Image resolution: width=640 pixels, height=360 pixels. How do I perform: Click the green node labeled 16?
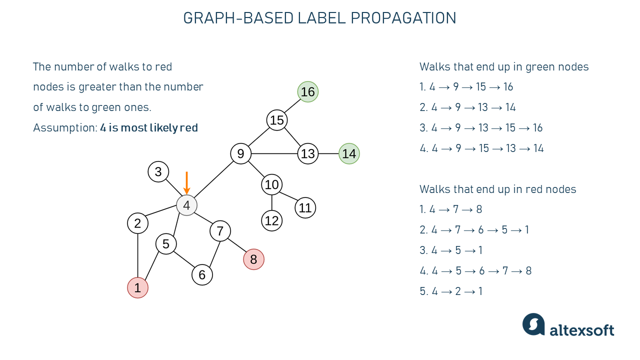308,92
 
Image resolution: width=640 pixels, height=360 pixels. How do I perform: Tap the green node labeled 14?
349,154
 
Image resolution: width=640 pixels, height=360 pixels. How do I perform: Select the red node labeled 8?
253,259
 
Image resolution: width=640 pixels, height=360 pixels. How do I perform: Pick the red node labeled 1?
137,288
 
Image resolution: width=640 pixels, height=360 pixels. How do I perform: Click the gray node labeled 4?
186,205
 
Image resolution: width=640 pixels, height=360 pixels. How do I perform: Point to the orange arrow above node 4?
186,182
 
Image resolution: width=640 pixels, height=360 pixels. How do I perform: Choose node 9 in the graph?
240,153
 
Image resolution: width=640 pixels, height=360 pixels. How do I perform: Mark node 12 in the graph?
271,220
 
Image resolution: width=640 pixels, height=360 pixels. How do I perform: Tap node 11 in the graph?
305,207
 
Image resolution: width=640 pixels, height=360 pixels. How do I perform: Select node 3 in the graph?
158,172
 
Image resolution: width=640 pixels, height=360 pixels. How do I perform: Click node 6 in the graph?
202,274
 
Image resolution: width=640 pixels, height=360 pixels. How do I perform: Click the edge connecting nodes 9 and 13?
274,153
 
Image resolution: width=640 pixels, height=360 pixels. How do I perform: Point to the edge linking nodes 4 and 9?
213,179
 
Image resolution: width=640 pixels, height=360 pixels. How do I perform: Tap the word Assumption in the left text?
64,128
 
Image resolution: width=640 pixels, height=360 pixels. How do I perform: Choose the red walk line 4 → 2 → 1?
451,291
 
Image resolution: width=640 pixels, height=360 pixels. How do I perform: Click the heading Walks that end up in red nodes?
497,189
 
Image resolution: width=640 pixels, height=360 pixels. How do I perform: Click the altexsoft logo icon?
533,324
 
